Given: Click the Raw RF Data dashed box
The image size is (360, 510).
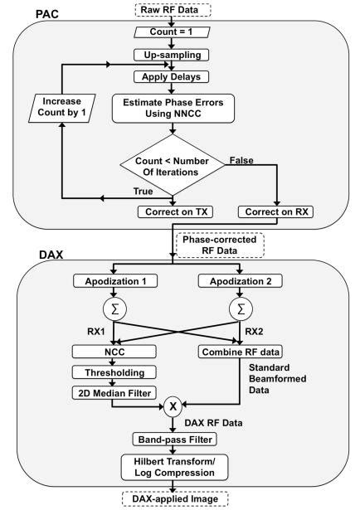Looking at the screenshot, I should point(173,10).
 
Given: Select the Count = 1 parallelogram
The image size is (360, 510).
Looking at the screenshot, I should point(173,34).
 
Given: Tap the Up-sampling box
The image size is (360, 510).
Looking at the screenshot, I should point(173,55).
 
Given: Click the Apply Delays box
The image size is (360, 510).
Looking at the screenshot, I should point(173,75).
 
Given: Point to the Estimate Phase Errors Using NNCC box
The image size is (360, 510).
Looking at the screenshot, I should point(173,106).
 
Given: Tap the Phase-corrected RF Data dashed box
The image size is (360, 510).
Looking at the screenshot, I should point(217,245).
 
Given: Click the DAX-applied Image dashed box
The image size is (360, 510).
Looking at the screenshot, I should point(173,499).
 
